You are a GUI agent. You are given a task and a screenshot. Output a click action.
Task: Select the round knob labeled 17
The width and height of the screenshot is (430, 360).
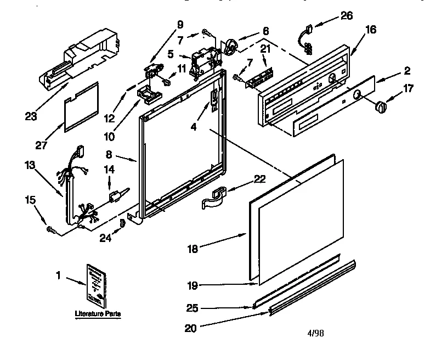(378, 106)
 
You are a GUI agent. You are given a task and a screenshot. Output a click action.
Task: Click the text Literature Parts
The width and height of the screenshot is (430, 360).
(98, 314)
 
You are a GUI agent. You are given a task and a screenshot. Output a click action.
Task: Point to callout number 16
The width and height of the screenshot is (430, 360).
(371, 30)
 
